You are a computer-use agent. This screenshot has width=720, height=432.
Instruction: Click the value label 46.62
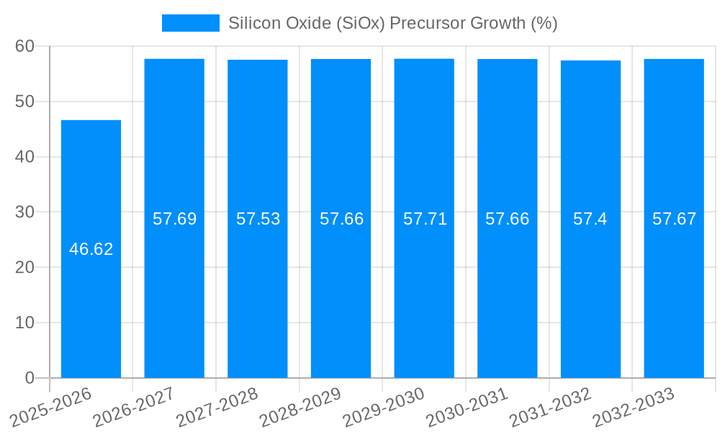[91, 249]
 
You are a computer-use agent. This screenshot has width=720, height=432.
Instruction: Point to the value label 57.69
[174, 219]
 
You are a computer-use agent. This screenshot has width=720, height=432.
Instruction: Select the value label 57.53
[258, 219]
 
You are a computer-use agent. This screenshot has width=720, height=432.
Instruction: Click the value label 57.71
[425, 219]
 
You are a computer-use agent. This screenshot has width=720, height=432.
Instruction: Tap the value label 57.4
[590, 219]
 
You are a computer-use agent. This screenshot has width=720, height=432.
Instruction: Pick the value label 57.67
[674, 219]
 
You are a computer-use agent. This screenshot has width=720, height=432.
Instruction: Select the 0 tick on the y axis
[30, 378]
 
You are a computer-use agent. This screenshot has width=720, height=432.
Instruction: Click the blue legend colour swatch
[190, 23]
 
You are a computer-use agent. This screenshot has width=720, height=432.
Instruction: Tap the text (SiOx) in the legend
[364, 23]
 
